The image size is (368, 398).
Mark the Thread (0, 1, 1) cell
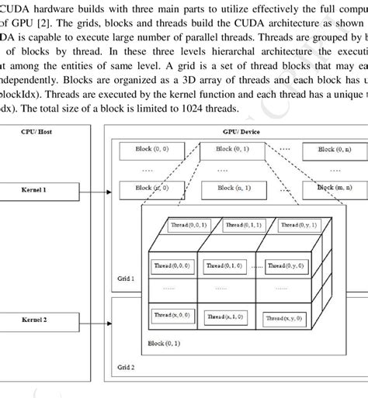point(243,225)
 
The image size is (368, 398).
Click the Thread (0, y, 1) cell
point(299,225)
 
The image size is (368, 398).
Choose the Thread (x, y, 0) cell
point(283,318)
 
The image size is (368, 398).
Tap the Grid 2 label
point(126,368)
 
